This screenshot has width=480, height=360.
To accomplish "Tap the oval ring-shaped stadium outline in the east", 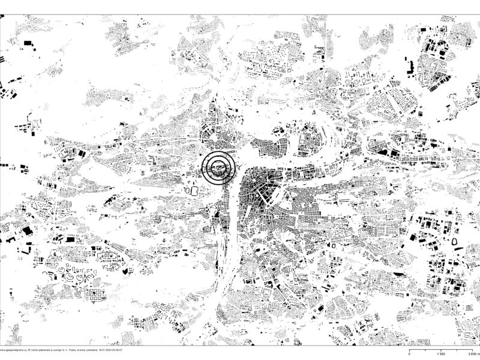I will (454, 241).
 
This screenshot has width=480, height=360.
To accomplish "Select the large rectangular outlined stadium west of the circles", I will (194, 190).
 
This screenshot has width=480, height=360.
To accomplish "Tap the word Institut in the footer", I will (34, 350).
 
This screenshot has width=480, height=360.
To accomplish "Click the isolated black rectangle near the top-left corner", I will (26, 43).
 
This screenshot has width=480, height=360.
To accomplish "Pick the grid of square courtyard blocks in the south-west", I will (95, 295).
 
